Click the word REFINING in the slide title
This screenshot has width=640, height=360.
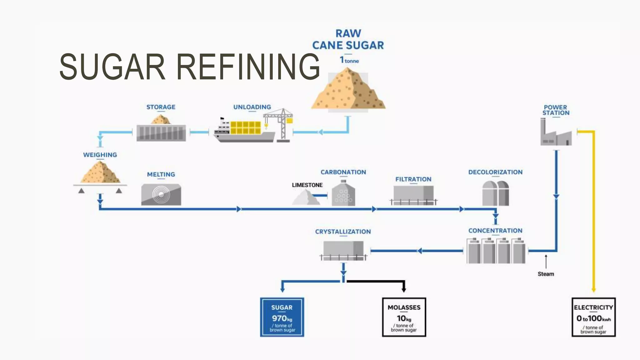pos(248,67)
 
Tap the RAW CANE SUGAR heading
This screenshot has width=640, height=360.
pos(348,39)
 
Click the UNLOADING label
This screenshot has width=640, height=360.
pos(252,107)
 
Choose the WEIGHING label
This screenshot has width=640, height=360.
pos(100,155)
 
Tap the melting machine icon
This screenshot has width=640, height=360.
pos(161,194)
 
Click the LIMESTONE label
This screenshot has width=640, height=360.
pos(307,185)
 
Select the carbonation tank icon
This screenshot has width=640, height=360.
pos(343,193)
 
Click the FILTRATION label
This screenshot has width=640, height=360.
pos(413,179)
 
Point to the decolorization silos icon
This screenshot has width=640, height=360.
pos(496,193)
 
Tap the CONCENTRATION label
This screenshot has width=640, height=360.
pos(495,231)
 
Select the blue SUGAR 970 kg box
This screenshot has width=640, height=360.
pos(282,317)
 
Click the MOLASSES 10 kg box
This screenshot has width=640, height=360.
pos(404,317)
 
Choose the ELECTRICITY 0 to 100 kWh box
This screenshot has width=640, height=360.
pos(593,317)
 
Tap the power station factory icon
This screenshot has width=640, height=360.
pos(556,132)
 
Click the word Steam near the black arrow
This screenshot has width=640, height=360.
pos(546,274)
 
